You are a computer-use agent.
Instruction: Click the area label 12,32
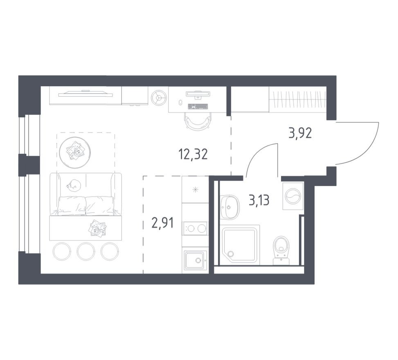(x=193, y=154)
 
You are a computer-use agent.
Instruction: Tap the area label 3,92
(x=300, y=133)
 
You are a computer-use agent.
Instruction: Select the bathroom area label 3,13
(x=259, y=200)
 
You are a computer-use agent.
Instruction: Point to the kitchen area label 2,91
(x=162, y=223)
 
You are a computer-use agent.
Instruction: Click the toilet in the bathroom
(x=281, y=250)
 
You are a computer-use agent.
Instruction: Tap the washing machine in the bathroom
(x=293, y=196)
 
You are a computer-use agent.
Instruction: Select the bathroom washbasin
(x=230, y=207)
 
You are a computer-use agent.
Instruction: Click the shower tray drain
(x=231, y=254)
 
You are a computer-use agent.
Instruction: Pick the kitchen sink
(x=195, y=260)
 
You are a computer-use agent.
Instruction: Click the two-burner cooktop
(x=195, y=228)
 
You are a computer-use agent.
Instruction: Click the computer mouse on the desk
(x=180, y=102)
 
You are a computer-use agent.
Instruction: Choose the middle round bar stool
(x=86, y=251)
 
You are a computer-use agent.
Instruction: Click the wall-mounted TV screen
(x=85, y=94)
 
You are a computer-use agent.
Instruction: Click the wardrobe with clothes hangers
(x=297, y=99)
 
